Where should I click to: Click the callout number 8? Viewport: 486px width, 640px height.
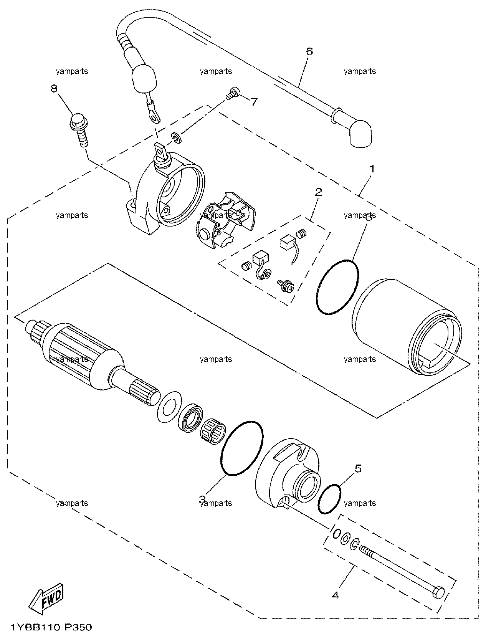pos(54,88)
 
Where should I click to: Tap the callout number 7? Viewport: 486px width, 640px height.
pos(254,102)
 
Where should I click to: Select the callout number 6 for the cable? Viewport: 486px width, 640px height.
pos(309,51)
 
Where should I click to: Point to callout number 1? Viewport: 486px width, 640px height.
pos(372,169)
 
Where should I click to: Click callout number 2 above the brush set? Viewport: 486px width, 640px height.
pos(318,192)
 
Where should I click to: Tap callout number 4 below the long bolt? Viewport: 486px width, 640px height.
pos(336,595)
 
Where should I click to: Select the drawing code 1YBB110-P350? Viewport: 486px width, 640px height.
pos(51,627)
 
